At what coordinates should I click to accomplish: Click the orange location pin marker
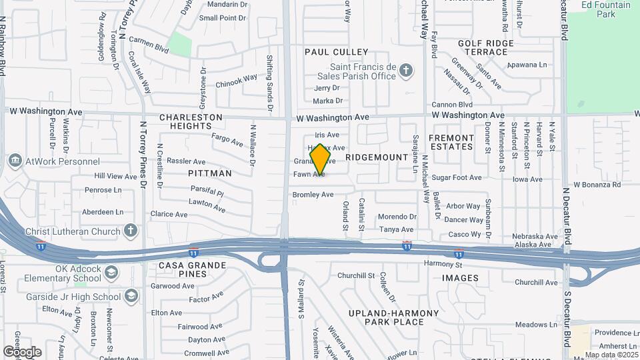pos(320,159)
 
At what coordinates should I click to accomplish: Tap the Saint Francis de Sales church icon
pos(406,70)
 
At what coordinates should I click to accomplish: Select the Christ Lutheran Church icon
pos(131,231)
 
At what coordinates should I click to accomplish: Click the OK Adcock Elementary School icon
pos(111,272)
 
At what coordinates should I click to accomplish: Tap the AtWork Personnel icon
pos(15,161)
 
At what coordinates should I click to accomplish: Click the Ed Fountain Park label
pos(605,9)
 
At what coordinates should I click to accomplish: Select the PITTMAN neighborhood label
pos(209,173)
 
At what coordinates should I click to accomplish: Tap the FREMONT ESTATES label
pos(451,142)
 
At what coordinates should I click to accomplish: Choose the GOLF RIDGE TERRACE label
pos(486,47)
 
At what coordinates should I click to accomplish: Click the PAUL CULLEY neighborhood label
pos(336,52)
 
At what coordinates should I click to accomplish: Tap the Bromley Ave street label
pos(313,195)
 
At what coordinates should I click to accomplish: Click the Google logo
pos(22,351)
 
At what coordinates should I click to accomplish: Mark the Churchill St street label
pos(357,275)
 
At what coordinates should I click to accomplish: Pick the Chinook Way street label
pos(236,81)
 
